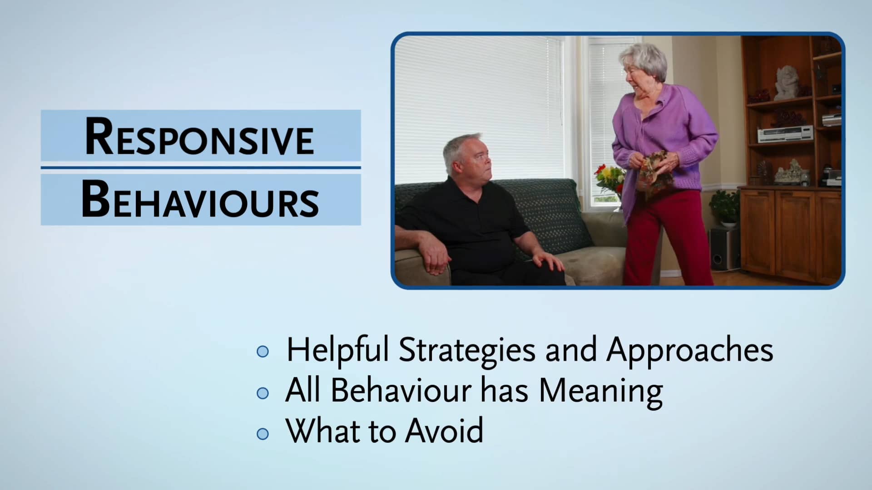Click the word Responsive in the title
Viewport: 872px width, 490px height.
pos(199,137)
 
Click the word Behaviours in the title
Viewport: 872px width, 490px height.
pos(200,200)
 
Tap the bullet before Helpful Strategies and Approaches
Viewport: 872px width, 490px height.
pos(263,352)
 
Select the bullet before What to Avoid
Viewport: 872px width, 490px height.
pos(263,434)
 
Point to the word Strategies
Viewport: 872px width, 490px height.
pos(467,351)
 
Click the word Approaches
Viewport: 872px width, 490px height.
pos(689,351)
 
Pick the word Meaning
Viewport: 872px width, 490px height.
pos(600,391)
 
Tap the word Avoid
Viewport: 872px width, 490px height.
pos(444,431)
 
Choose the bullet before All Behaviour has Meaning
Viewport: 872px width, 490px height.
pos(263,393)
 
